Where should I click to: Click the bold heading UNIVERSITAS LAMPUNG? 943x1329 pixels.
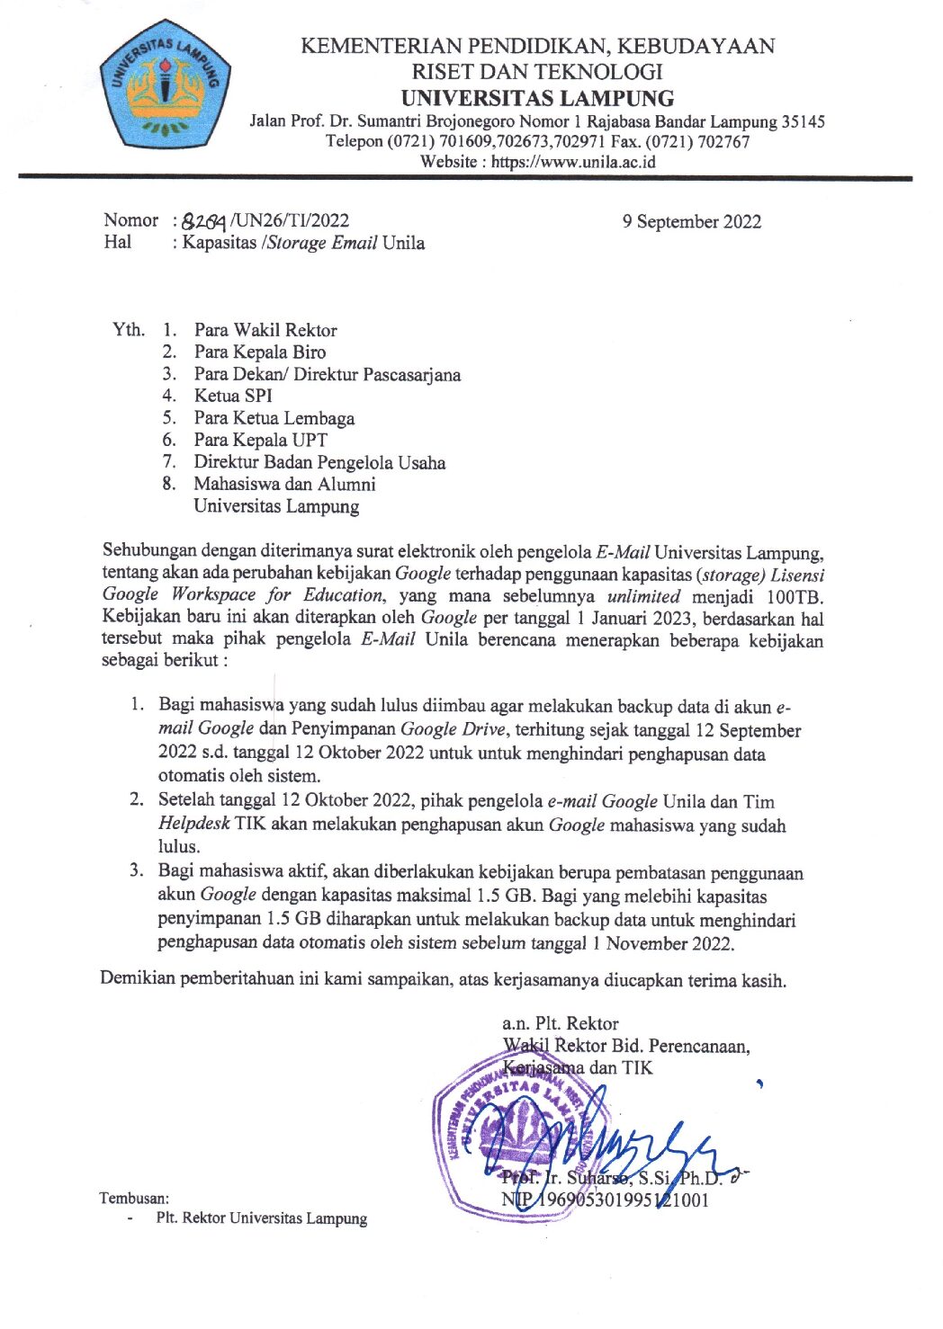point(537,98)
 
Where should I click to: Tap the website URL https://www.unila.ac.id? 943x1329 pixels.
point(572,163)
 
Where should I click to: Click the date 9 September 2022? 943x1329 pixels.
point(691,222)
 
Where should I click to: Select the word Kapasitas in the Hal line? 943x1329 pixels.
point(219,243)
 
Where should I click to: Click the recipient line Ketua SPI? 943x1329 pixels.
point(232,396)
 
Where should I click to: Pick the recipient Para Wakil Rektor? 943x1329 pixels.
point(265,330)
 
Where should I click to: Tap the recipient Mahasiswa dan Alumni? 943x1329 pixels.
point(284,484)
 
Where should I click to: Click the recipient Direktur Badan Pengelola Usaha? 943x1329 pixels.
point(319,462)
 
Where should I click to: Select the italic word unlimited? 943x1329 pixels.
point(643,596)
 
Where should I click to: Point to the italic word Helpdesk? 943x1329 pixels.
point(193,824)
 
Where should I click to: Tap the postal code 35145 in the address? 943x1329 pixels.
point(803,121)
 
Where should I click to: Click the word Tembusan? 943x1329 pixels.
point(134,1198)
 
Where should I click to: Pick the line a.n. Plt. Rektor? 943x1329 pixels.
point(560,1023)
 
